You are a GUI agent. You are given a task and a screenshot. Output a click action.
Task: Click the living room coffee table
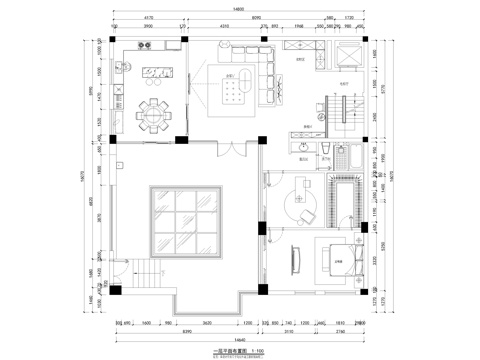click(236, 91)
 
